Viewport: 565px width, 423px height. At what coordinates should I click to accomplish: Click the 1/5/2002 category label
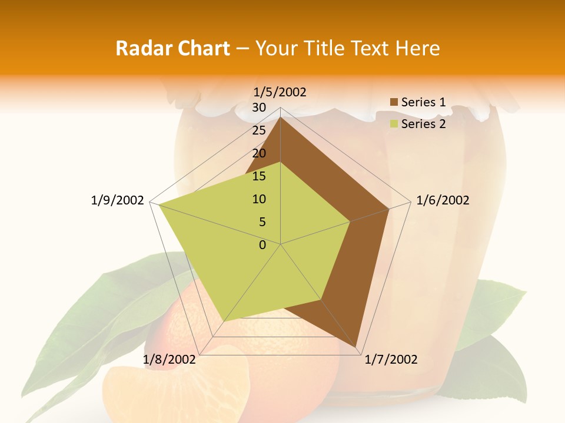(280, 92)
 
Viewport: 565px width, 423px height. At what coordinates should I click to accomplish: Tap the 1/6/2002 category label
(443, 200)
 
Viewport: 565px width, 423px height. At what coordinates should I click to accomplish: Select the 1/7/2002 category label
(391, 360)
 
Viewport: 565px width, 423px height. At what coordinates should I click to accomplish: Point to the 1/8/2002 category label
(169, 360)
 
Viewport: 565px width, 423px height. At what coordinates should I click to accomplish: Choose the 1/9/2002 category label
(118, 200)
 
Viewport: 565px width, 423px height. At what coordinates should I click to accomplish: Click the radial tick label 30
(259, 108)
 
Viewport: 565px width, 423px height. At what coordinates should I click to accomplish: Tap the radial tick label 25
(259, 130)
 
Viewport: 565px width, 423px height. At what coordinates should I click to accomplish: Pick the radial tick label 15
(259, 176)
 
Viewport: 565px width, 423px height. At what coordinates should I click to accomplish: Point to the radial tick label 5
(262, 222)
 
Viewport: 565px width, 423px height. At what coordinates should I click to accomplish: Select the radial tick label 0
(262, 245)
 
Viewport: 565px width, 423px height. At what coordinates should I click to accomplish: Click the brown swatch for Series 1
(394, 103)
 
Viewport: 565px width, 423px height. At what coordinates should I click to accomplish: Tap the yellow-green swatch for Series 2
(394, 124)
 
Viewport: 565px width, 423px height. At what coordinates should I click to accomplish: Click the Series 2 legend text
(423, 124)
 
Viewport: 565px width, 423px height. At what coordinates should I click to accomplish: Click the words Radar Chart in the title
(172, 48)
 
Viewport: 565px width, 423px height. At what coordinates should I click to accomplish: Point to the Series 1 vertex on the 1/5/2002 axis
(281, 117)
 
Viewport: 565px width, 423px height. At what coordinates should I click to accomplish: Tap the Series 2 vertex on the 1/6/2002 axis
(350, 221)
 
